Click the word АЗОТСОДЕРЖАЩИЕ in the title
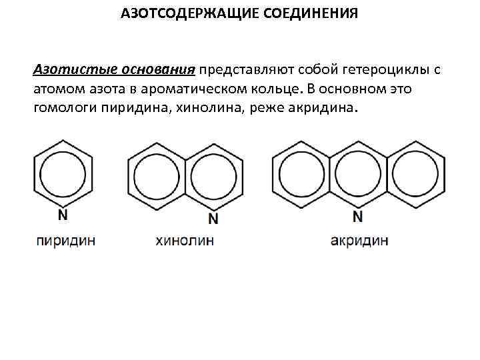(x=177, y=14)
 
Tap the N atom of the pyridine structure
(x=63, y=215)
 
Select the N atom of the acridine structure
(x=358, y=216)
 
